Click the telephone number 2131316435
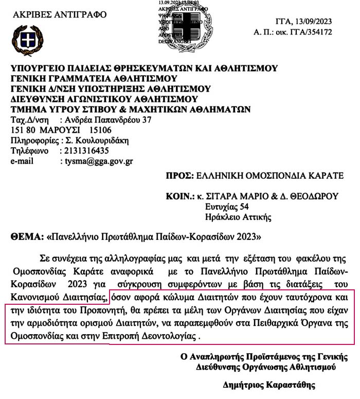click(84, 151)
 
